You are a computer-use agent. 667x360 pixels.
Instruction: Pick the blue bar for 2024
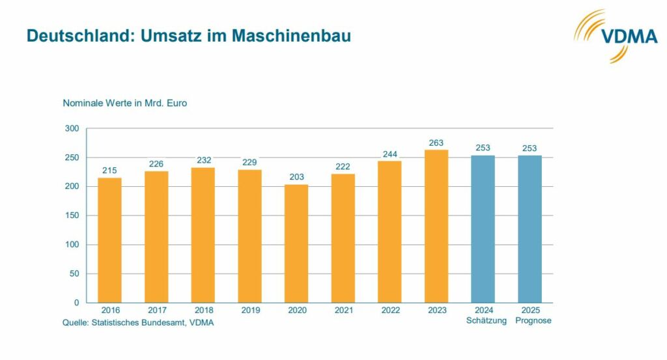pyautogui.click(x=483, y=228)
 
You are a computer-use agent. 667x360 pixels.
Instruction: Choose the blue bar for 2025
pyautogui.click(x=530, y=228)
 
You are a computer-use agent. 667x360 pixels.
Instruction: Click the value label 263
pyautogui.click(x=436, y=143)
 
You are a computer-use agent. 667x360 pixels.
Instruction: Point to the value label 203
pyautogui.click(x=296, y=177)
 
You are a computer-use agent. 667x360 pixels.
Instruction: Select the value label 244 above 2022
pyautogui.click(x=390, y=154)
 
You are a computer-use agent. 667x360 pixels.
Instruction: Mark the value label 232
pyautogui.click(x=203, y=160)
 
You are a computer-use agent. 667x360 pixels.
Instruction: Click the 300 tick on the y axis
pyautogui.click(x=72, y=129)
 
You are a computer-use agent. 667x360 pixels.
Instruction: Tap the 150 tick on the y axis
pyautogui.click(x=72, y=215)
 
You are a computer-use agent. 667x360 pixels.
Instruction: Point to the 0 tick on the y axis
pyautogui.click(x=76, y=303)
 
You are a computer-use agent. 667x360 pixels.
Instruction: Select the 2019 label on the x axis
pyautogui.click(x=249, y=311)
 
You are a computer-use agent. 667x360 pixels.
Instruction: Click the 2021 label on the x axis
pyautogui.click(x=343, y=311)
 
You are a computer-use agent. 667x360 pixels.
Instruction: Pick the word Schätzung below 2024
pyautogui.click(x=483, y=320)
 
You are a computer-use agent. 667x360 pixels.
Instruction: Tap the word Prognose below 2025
pyautogui.click(x=530, y=320)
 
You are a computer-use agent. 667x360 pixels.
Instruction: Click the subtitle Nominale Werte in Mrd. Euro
pyautogui.click(x=125, y=103)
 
